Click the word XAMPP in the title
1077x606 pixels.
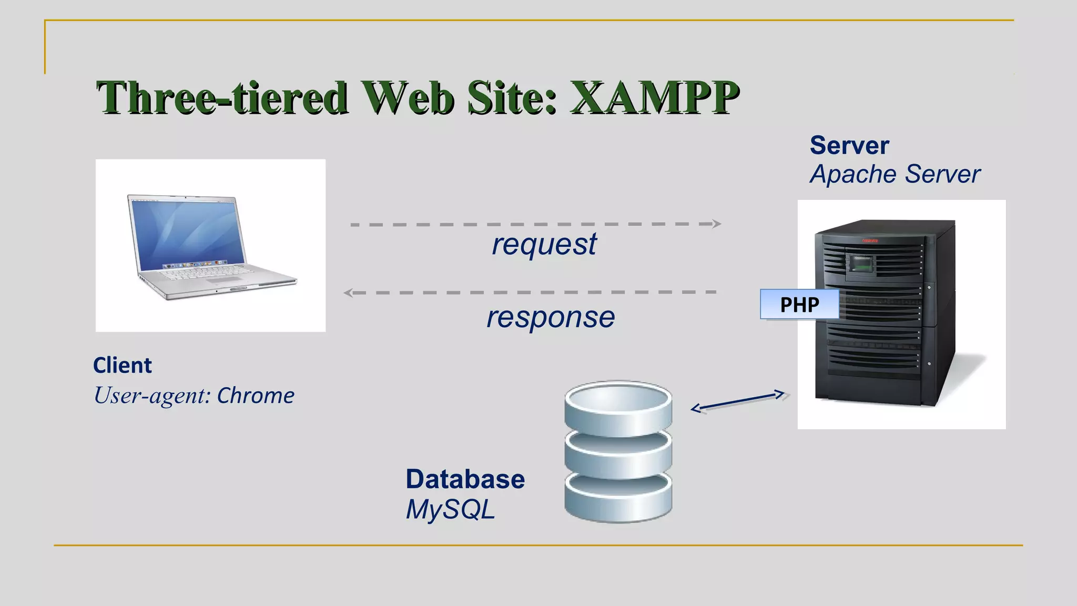click(655, 98)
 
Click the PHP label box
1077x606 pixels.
click(799, 305)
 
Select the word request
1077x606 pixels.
click(544, 244)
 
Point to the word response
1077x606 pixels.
click(551, 317)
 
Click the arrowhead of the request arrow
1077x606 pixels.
click(717, 224)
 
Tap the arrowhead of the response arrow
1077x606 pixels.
click(348, 292)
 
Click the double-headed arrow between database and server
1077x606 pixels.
click(737, 401)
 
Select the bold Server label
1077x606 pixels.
click(849, 146)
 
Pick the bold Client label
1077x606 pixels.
click(123, 366)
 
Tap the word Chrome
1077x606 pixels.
click(256, 396)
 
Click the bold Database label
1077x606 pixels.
click(465, 479)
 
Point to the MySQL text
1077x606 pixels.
click(450, 510)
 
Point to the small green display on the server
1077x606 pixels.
click(861, 263)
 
